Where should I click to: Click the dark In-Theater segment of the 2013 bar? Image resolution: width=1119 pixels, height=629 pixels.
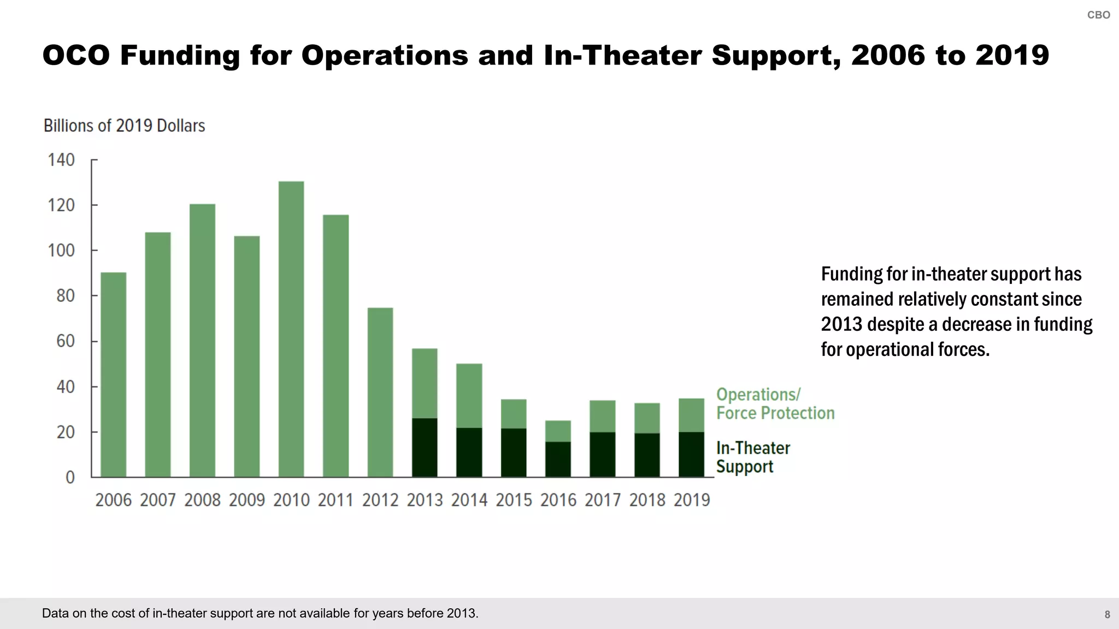425,448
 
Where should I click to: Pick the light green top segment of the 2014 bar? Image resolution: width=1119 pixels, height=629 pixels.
469,395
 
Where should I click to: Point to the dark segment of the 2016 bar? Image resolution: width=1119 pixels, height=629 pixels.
558,459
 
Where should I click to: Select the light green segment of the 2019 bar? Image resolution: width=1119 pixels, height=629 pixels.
691,415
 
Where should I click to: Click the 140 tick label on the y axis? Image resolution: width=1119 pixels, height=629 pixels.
61,160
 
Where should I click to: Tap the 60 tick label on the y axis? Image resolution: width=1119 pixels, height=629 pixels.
65,341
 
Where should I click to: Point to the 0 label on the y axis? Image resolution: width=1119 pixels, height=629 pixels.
70,477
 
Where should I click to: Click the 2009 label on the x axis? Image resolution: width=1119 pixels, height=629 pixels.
246,500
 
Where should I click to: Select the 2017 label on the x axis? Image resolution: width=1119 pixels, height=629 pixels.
603,500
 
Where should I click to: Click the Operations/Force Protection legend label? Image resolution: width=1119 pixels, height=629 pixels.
775,403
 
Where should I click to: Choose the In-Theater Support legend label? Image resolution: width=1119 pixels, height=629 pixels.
753,457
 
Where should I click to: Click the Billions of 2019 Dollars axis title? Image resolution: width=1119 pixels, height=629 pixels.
125,126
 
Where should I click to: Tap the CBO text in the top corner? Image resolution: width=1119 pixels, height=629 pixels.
1098,15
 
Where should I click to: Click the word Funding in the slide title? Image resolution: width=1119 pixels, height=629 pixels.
180,55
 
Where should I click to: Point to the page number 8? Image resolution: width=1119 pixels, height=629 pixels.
1107,615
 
